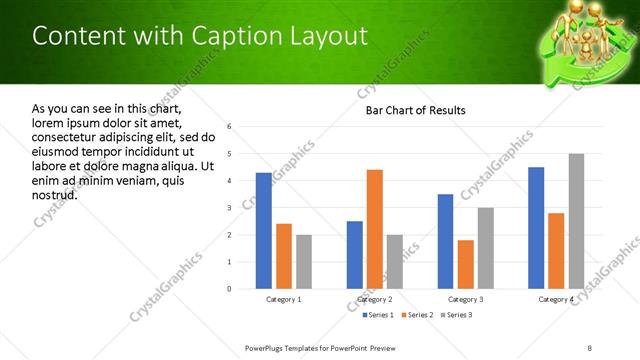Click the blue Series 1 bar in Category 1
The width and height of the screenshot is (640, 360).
(x=263, y=231)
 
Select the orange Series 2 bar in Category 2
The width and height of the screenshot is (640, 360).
(x=375, y=229)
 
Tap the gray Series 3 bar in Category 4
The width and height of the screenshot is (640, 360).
(x=576, y=221)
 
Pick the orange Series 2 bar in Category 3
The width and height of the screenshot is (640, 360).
(x=465, y=264)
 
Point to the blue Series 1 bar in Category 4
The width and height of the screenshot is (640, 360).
(x=536, y=228)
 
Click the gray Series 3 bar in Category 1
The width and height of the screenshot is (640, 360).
(x=303, y=262)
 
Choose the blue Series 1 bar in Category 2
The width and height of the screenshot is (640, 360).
(x=355, y=255)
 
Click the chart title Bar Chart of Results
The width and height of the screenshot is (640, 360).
(x=415, y=110)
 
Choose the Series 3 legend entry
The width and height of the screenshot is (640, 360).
(x=458, y=316)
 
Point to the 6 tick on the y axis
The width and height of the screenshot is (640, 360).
(x=230, y=127)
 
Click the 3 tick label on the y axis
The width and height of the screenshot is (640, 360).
(x=230, y=208)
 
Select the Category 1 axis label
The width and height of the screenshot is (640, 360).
(x=284, y=299)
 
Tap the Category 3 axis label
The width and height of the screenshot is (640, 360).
(x=465, y=299)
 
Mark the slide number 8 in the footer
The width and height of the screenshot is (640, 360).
(x=589, y=347)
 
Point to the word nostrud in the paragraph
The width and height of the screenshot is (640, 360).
(x=55, y=194)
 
